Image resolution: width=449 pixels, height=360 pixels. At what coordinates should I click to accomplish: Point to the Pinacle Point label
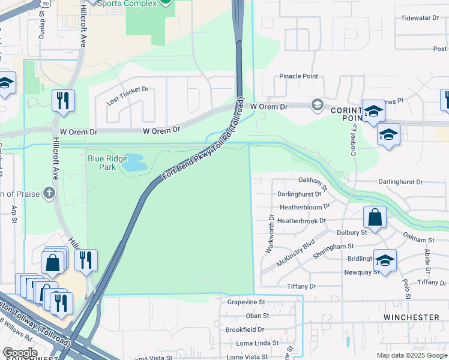pyautogui.click(x=298, y=76)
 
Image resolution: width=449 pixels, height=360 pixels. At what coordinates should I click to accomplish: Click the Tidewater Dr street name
pyautogui.click(x=420, y=18)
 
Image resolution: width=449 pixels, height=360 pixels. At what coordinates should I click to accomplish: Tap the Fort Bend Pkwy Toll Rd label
pyautogui.click(x=204, y=145)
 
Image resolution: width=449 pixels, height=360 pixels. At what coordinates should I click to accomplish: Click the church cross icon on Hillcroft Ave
pyautogui.click(x=50, y=193)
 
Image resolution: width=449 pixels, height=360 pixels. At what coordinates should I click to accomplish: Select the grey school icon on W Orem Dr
pyautogui.click(x=317, y=106)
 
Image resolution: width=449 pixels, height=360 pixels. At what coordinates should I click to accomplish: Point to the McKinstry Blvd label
pyautogui.click(x=295, y=253)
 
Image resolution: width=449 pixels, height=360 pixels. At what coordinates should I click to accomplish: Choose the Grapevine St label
pyautogui.click(x=246, y=302)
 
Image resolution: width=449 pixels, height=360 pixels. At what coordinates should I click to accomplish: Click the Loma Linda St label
pyautogui.click(x=252, y=343)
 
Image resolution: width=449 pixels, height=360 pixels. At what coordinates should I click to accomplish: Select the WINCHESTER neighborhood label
pyautogui.click(x=411, y=317)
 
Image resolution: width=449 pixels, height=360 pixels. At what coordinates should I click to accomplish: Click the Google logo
pyautogui.click(x=20, y=353)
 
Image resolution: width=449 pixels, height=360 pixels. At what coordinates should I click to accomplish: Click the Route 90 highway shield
pyautogui.click(x=43, y=3)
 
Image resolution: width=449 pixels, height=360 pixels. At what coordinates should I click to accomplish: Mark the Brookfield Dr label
pyautogui.click(x=245, y=329)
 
